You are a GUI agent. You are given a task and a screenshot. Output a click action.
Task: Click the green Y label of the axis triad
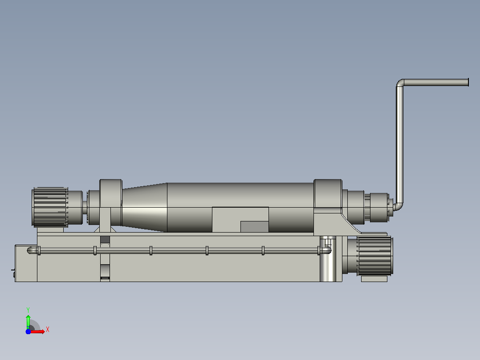28,310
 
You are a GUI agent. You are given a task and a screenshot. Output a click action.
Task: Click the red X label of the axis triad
48,330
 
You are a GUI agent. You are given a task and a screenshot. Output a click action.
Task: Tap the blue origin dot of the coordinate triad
28,331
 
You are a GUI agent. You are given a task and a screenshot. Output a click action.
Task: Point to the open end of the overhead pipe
468,82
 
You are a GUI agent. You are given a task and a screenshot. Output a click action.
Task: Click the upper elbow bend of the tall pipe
400,83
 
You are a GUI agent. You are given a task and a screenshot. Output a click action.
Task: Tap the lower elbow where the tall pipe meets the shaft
399,207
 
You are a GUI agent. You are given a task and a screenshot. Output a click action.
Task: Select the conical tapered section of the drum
144,208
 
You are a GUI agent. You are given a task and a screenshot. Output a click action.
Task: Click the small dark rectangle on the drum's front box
254,227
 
